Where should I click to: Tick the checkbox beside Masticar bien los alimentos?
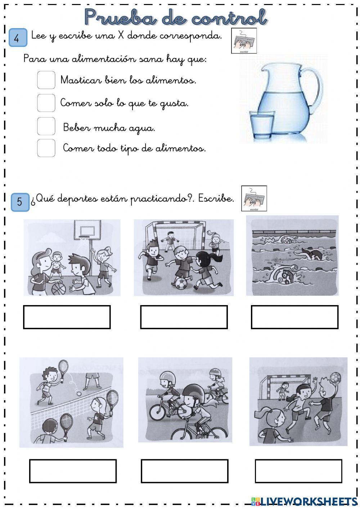pos(46,80)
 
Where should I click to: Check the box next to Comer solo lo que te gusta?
pos(46,103)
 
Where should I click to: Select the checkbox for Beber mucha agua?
pos(46,126)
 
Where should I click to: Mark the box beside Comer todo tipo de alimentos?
pos(46,148)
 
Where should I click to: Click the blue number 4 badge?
pos(18,38)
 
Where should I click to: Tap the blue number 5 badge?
pos(20,202)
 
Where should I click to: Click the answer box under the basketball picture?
pos(67,317)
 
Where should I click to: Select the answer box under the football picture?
pos(184,317)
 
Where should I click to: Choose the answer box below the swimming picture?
pos(294,317)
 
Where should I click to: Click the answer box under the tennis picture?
pos(73,471)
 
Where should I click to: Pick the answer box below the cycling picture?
pos(184,471)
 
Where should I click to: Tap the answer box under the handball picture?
pos(298,471)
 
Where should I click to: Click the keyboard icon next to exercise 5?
pos(254,198)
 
